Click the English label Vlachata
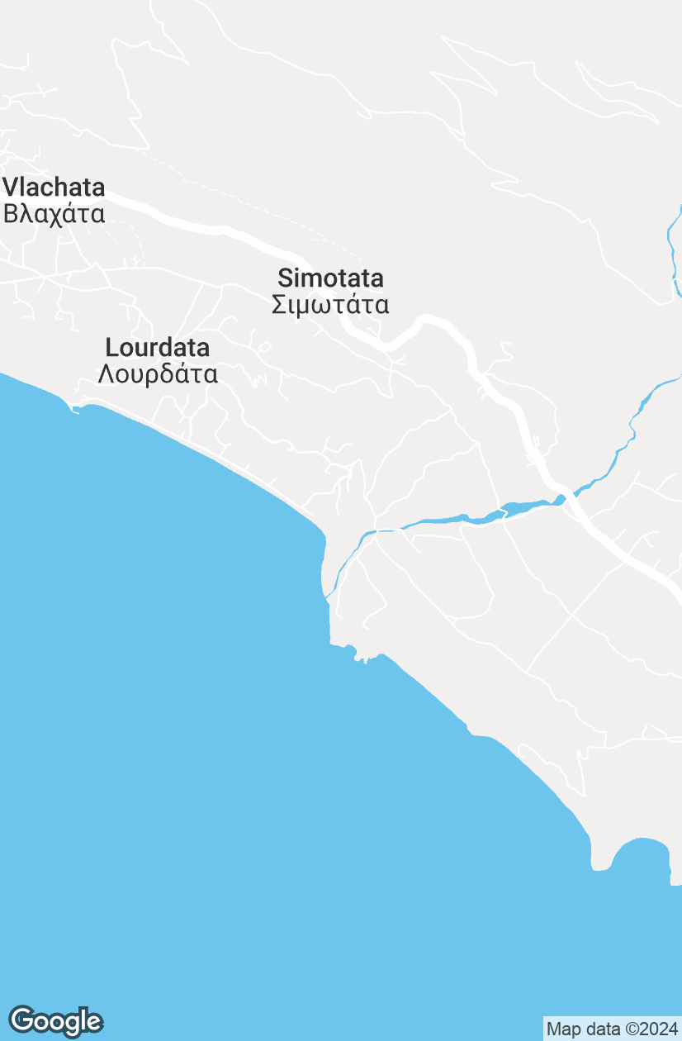point(54,187)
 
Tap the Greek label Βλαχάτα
point(54,214)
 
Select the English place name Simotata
point(330,278)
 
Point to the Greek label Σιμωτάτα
point(330,305)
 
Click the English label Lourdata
point(157,347)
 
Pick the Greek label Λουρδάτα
point(158,374)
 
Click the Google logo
point(56,1021)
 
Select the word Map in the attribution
point(563,1029)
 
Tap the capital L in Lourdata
point(111,347)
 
